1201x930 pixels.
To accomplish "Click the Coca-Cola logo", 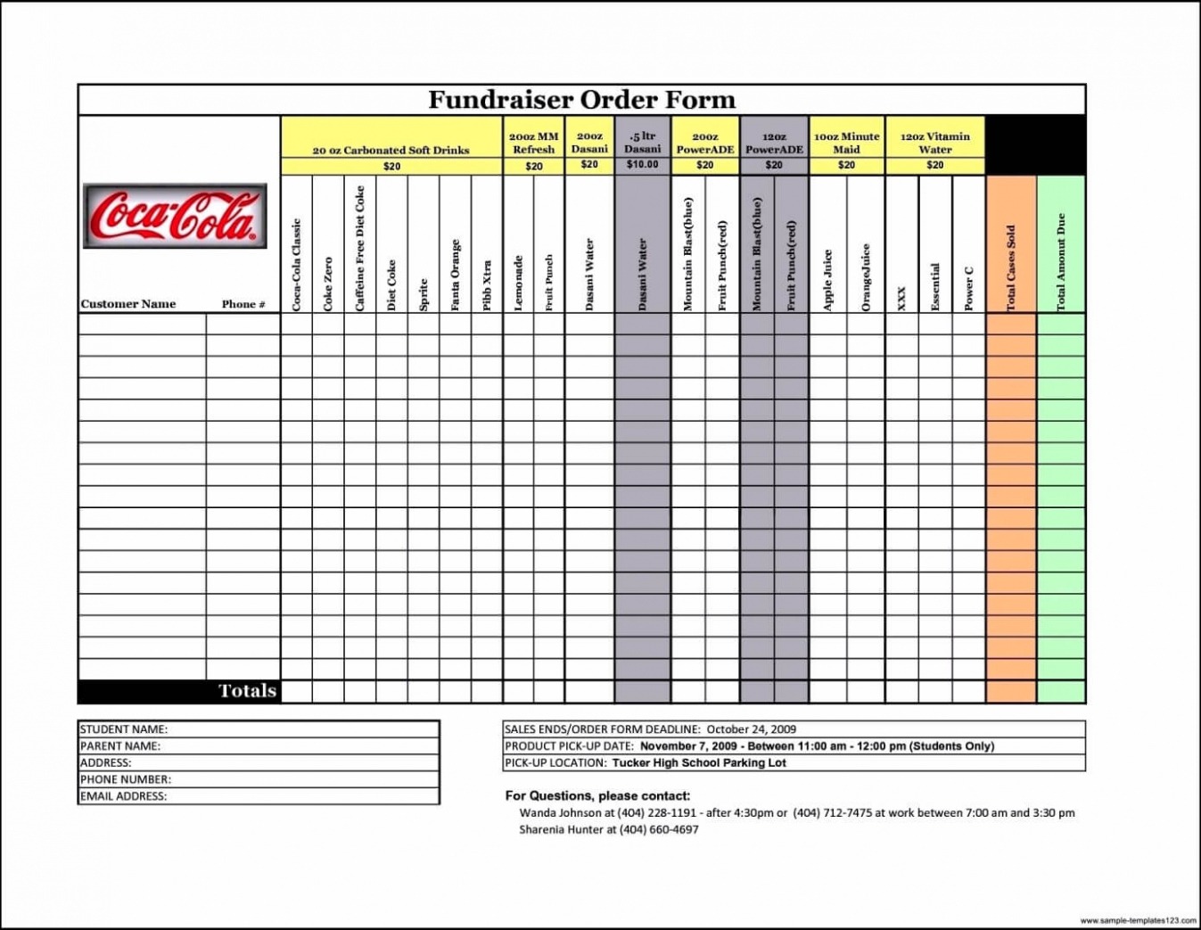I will coord(175,216).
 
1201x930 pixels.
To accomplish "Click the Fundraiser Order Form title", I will coord(581,100).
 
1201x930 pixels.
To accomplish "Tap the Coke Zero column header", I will coord(328,283).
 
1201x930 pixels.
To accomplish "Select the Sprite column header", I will coord(424,294).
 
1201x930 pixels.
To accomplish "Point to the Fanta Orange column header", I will coord(455,275).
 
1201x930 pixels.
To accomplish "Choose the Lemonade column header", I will coord(518,283).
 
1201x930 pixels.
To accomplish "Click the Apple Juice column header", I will coord(827,279).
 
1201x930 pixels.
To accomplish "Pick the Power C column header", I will coord(968,288).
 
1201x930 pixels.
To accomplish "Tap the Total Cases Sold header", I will coord(1011,267).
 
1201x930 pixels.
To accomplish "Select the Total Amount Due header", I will coord(1061,262).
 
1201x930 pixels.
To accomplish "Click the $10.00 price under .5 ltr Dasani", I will coord(642,165).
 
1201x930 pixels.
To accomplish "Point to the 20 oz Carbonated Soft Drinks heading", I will coord(391,150).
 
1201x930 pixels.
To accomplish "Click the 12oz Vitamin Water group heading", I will coord(934,143).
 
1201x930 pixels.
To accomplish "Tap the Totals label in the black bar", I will coord(247,691).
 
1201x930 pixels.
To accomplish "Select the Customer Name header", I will coord(128,304).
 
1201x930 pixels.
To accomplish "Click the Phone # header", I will coord(243,304).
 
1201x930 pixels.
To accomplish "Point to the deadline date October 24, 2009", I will coord(751,729).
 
